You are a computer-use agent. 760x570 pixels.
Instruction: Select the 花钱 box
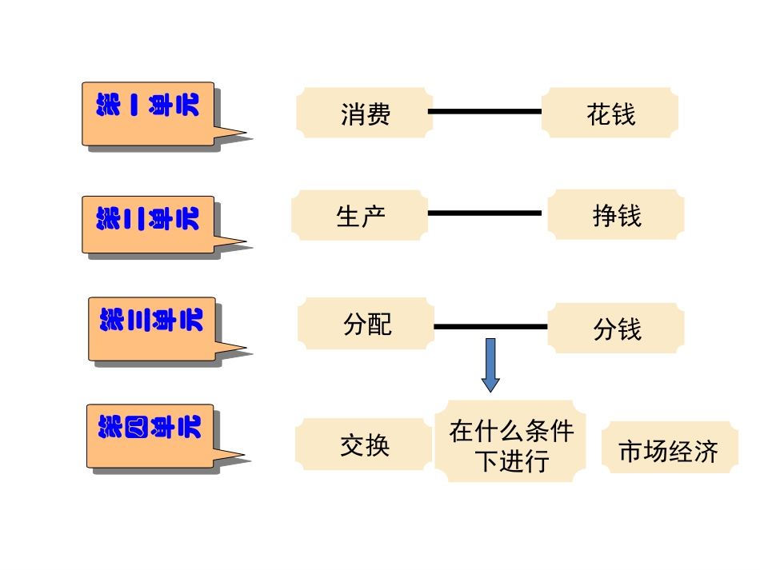pyautogui.click(x=610, y=113)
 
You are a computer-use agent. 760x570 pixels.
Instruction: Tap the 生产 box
pyautogui.click(x=359, y=215)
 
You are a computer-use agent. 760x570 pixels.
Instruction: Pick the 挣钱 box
pyautogui.click(x=616, y=214)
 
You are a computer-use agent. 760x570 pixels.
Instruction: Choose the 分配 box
pyautogui.click(x=366, y=324)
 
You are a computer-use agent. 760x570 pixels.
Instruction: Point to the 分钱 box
pyautogui.click(x=616, y=328)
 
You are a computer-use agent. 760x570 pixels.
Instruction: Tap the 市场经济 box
pyautogui.click(x=669, y=449)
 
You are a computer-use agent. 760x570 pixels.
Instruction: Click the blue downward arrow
pyautogui.click(x=490, y=365)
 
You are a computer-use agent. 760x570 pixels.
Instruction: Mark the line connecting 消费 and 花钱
pyautogui.click(x=485, y=111)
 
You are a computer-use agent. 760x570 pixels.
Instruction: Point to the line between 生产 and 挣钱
pyautogui.click(x=485, y=213)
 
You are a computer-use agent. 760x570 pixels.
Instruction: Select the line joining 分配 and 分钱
pyautogui.click(x=490, y=326)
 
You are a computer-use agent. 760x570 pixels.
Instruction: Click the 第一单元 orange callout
pyautogui.click(x=149, y=113)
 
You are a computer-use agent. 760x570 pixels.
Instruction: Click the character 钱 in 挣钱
pyautogui.click(x=630, y=215)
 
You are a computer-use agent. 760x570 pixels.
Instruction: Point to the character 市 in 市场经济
pyautogui.click(x=631, y=451)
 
